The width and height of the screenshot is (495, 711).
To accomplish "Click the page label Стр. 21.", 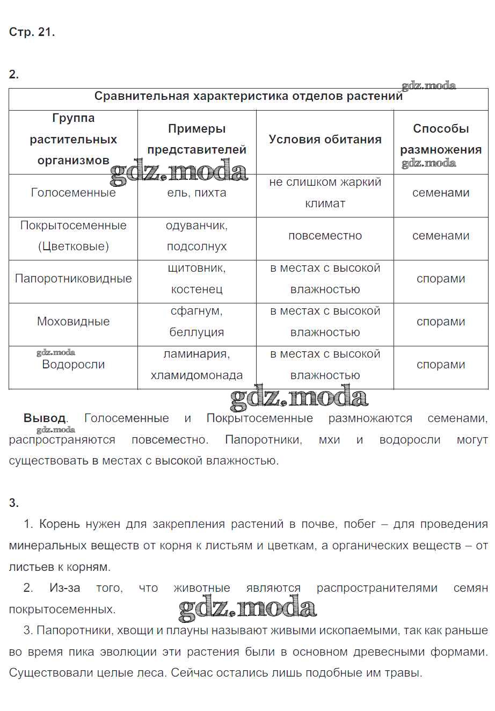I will point(32,32).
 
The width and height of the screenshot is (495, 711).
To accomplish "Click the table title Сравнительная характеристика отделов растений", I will point(248,96).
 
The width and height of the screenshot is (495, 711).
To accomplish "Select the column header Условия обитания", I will point(325,139).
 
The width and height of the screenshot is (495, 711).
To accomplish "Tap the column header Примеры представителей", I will point(196,139).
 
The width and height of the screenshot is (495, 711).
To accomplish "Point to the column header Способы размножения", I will point(441,139).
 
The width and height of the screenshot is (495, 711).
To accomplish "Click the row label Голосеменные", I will point(73,193).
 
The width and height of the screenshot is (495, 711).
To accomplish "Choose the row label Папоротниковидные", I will point(73,279).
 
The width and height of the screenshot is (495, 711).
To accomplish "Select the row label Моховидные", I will point(73,322).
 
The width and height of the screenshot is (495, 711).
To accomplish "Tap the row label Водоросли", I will point(73,365).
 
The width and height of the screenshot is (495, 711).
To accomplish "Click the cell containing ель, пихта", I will point(196,193).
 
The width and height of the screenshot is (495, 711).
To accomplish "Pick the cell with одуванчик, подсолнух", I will point(196,236).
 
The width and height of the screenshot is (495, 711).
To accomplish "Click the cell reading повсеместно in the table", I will point(325,236).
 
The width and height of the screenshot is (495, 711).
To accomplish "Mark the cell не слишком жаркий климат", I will point(325,193).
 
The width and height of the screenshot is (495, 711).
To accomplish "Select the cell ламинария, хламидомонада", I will point(196,365).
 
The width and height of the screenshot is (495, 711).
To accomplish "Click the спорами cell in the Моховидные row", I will point(441,322).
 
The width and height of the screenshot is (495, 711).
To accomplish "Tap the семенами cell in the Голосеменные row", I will point(441,193).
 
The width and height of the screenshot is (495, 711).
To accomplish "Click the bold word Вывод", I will point(45,418).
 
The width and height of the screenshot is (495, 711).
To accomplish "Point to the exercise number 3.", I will point(13,503).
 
